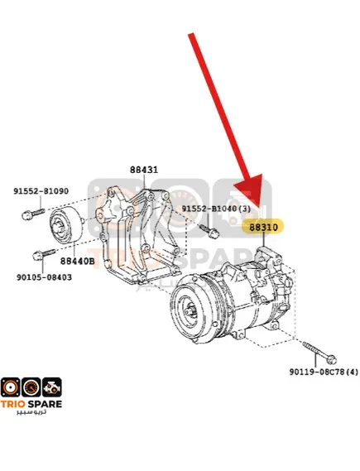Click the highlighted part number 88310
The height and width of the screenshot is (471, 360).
click(264, 227)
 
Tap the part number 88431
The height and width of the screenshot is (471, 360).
click(144, 170)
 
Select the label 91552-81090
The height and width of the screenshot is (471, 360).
click(41, 191)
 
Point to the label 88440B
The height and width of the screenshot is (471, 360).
click(77, 261)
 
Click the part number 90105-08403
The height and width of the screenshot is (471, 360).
click(44, 277)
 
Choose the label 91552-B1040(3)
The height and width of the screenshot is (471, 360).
click(216, 209)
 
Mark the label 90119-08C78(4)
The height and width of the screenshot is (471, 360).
click(324, 372)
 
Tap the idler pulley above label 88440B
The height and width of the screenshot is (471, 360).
click(65, 224)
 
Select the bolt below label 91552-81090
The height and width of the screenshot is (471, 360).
click(33, 214)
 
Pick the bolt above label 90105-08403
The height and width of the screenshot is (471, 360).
click(44, 254)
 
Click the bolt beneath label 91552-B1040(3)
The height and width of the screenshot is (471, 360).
click(209, 231)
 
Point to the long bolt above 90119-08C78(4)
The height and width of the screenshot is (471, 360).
click(319, 353)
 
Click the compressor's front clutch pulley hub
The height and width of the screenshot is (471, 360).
click(191, 310)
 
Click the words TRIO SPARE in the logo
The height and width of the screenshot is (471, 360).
click(31, 404)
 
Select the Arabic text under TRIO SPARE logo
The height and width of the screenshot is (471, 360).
click(31, 411)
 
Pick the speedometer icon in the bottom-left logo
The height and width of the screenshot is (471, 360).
click(31, 387)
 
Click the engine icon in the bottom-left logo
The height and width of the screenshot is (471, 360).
click(52, 387)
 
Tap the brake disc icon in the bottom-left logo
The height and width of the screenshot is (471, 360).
click(11, 387)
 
